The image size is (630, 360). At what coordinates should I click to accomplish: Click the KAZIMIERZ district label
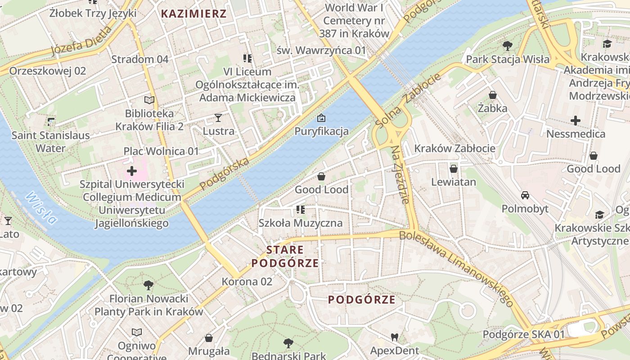(x=193, y=13)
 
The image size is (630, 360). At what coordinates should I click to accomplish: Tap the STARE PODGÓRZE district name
(x=285, y=256)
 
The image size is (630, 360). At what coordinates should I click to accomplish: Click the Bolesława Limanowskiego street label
(x=457, y=268)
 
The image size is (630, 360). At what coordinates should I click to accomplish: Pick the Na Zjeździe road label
(x=400, y=175)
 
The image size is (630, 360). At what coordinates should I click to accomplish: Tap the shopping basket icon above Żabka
(x=493, y=95)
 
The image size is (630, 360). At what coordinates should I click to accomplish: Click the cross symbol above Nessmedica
(x=575, y=121)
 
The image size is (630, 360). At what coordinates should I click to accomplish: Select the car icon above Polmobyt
(x=525, y=195)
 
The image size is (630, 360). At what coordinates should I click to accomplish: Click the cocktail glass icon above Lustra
(x=218, y=118)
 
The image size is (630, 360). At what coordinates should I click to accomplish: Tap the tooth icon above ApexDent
(x=395, y=337)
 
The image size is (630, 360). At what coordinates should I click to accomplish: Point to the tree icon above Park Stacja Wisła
(x=508, y=45)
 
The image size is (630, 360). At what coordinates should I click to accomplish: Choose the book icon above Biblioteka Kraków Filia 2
(x=149, y=100)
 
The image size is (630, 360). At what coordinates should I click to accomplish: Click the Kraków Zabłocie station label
(x=454, y=148)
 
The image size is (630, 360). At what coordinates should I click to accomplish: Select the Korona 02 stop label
(x=247, y=282)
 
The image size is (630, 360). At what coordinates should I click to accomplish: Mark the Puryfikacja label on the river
(x=321, y=131)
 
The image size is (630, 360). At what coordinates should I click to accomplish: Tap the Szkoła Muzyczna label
(x=300, y=223)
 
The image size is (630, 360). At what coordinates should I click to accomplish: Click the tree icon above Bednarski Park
(x=288, y=343)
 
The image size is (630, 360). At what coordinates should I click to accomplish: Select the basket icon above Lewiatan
(x=454, y=169)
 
